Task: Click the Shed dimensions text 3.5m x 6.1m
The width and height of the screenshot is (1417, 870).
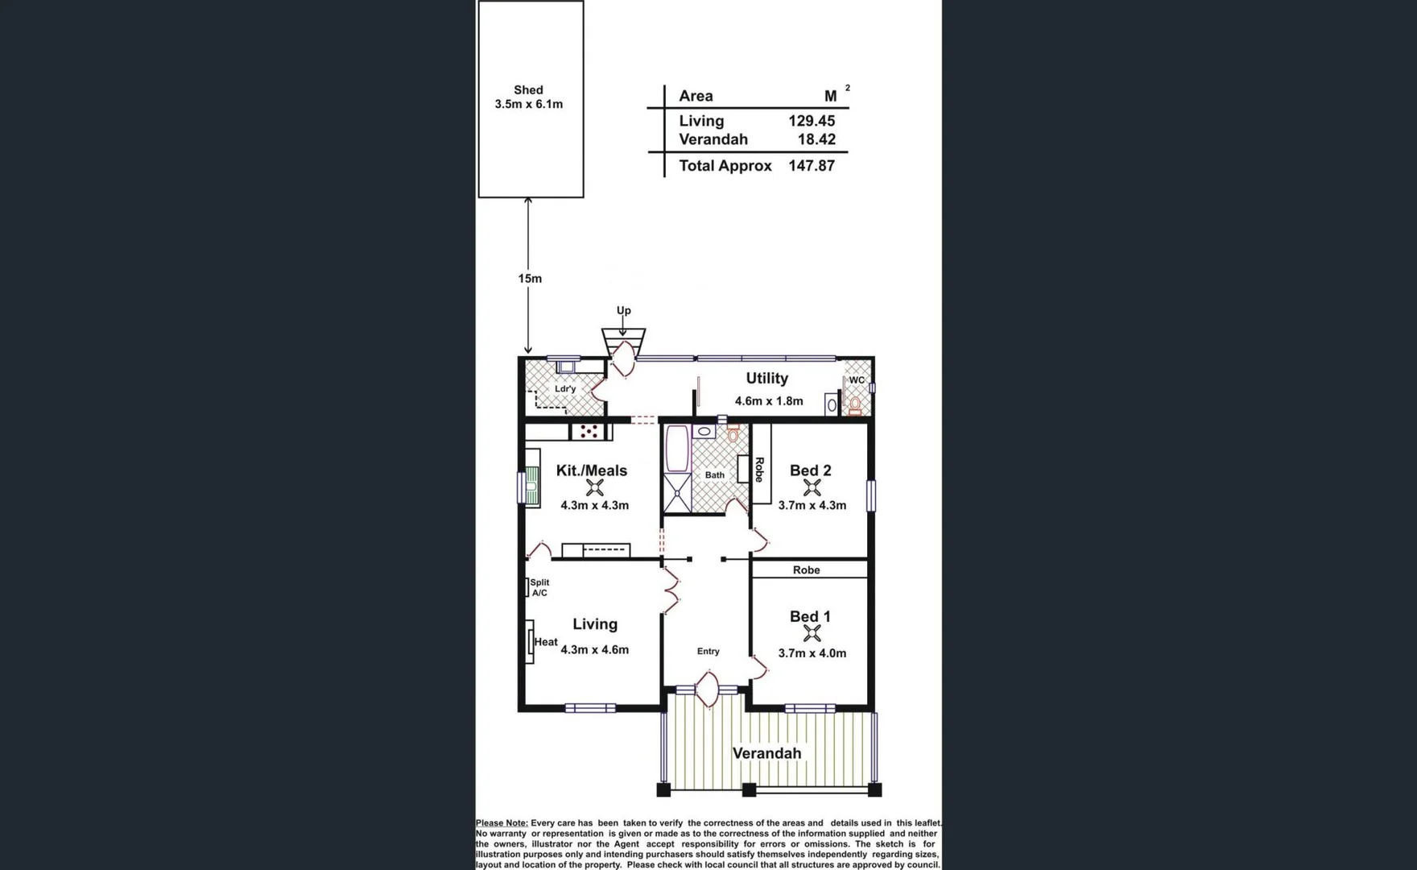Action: (x=528, y=104)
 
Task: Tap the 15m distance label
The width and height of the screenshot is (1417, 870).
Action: (x=530, y=279)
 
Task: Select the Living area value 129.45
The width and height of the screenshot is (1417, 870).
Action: (x=812, y=121)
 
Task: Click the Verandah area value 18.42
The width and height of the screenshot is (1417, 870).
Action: (x=816, y=139)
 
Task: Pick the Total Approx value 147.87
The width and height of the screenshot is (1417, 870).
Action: (x=812, y=166)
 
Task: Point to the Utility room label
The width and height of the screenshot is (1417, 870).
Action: (x=766, y=379)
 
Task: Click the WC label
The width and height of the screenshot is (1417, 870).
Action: (x=857, y=380)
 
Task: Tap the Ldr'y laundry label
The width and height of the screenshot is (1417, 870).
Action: (x=565, y=389)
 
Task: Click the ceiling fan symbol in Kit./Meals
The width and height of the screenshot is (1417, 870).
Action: (x=595, y=487)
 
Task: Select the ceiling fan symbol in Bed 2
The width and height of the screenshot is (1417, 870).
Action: (x=812, y=487)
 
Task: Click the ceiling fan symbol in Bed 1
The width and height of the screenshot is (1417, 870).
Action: (x=812, y=634)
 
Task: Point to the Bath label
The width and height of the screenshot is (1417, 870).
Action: (x=715, y=475)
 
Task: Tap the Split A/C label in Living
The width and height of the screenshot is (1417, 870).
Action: (x=539, y=587)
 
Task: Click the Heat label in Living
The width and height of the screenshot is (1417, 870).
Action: (x=546, y=642)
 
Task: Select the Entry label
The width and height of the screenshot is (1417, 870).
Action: (x=708, y=651)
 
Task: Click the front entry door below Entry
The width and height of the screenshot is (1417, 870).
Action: (x=707, y=691)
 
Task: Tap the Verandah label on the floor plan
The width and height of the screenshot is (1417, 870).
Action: (x=766, y=753)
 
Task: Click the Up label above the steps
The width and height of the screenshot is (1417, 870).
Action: (x=623, y=311)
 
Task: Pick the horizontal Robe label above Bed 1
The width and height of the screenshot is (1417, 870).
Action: (x=806, y=570)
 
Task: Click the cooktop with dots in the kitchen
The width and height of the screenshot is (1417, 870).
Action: (x=589, y=432)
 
